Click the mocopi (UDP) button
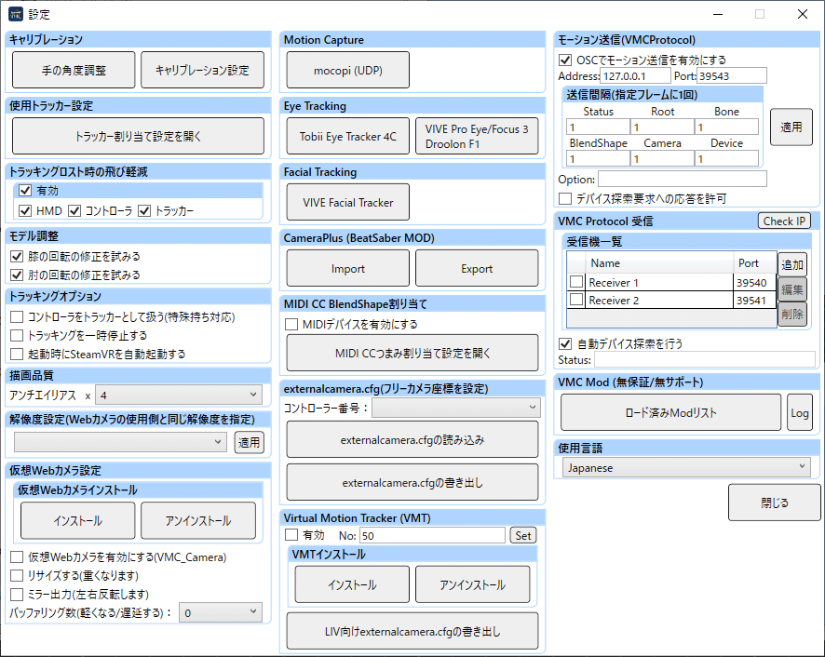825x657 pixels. [x=347, y=70]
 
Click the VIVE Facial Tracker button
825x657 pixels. [x=347, y=202]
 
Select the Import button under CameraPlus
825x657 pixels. [x=347, y=268]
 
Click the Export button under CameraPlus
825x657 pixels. [x=477, y=268]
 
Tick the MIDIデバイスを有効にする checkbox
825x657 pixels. [x=291, y=324]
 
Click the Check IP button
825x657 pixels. [x=784, y=221]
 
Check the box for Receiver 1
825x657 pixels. [x=576, y=282]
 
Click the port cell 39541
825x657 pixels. [x=751, y=301]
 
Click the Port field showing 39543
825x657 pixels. [x=732, y=75]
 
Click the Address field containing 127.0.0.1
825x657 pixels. [x=636, y=75]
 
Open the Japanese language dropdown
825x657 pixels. [x=686, y=467]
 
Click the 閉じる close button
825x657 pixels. [x=775, y=503]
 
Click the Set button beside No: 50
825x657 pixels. [x=523, y=535]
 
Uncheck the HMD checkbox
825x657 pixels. [x=25, y=210]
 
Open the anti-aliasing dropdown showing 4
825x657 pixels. [x=179, y=396]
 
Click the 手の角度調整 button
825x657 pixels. [x=74, y=70]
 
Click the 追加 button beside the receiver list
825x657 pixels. [x=791, y=264]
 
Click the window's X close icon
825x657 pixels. [x=803, y=14]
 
